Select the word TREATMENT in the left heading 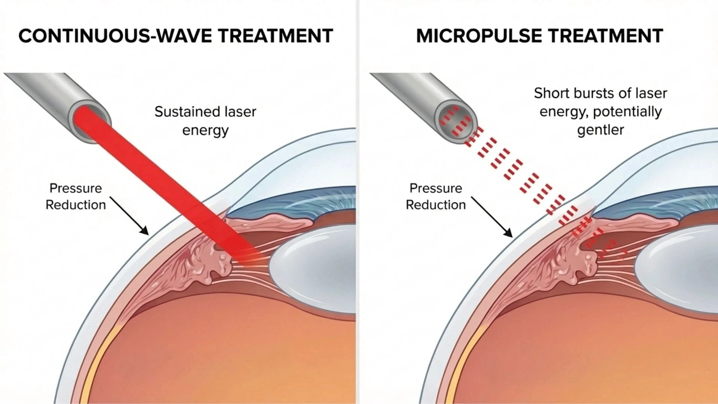click(x=276, y=36)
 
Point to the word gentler click(x=601, y=130)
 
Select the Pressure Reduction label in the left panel click(x=76, y=196)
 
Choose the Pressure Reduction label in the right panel click(x=436, y=196)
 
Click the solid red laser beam click(x=161, y=180)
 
